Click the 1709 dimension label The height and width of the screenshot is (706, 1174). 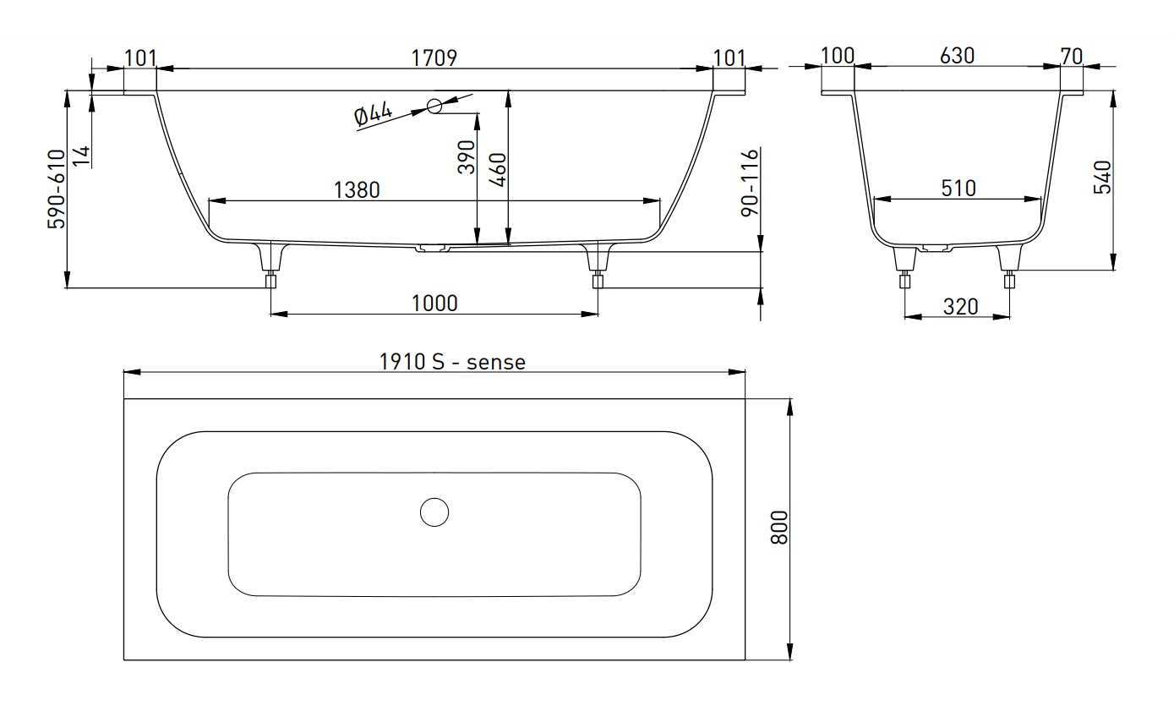click(x=434, y=57)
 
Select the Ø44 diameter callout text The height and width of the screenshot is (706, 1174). click(x=374, y=115)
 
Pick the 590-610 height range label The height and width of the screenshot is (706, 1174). click(x=56, y=189)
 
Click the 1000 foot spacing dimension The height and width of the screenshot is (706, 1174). click(x=434, y=302)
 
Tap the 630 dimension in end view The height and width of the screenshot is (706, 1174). click(x=957, y=56)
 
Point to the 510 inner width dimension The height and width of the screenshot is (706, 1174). click(x=957, y=187)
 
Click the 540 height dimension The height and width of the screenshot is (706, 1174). click(x=1102, y=177)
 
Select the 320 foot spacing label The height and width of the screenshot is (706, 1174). click(x=960, y=306)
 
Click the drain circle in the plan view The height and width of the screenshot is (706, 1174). click(x=434, y=512)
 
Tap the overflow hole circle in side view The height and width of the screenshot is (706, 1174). click(x=434, y=107)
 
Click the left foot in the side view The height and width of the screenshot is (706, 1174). click(x=271, y=269)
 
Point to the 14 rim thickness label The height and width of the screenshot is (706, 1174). click(x=80, y=156)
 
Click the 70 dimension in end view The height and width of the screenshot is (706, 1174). click(x=1071, y=57)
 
